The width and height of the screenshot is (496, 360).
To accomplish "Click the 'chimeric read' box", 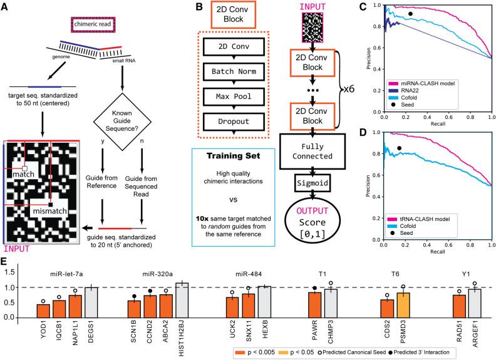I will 93,24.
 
